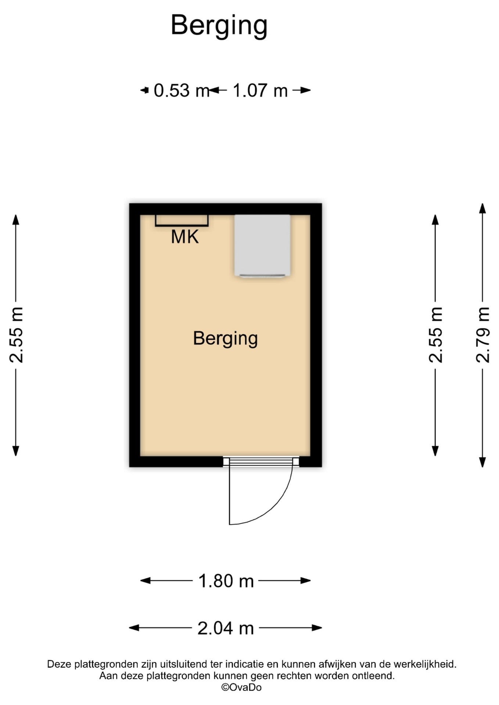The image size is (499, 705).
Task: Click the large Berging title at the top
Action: coord(219,26)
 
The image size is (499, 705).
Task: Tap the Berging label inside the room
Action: coord(225,339)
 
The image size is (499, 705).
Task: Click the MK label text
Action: coord(185,237)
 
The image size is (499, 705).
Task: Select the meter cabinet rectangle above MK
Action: coord(182,220)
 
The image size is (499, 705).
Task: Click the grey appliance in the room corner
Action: coord(262,245)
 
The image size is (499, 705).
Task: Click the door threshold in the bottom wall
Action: coord(261,462)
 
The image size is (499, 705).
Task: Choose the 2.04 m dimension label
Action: coord(226,628)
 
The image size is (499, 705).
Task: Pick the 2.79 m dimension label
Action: coord(483,335)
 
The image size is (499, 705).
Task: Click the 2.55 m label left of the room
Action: coord(16,335)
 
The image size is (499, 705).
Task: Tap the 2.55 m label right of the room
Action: coord(436,335)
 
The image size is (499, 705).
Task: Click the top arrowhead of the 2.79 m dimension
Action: coord(483,208)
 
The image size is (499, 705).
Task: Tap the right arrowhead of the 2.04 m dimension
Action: coord(317,628)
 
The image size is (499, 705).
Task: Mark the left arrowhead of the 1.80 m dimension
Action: coord(146,581)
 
